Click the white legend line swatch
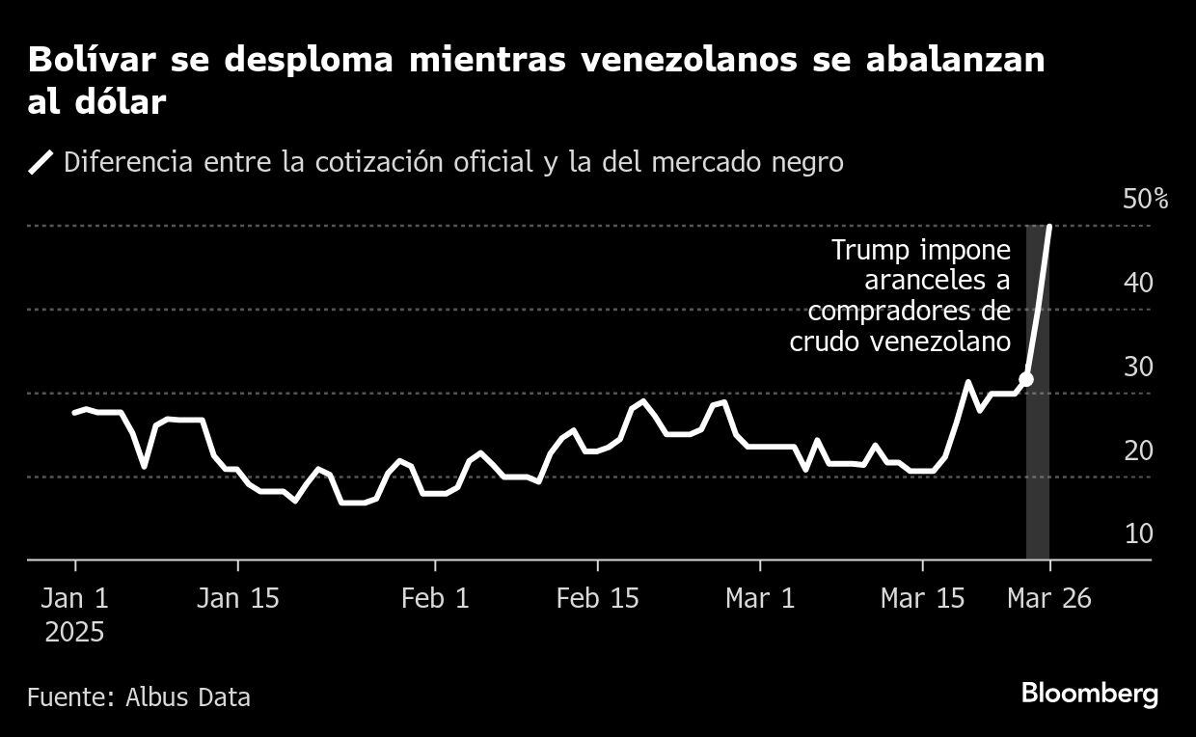(41, 162)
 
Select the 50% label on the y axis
(1146, 200)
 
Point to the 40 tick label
(1138, 284)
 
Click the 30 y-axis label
(1138, 368)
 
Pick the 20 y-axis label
(1138, 450)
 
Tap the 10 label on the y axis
(1138, 533)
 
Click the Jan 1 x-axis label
(75, 599)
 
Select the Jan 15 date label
(237, 599)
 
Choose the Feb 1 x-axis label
(435, 599)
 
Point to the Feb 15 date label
(598, 599)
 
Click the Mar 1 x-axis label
(761, 599)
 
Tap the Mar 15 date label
(923, 599)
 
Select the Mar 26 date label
(1049, 599)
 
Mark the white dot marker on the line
(1026, 379)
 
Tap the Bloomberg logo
(1089, 694)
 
